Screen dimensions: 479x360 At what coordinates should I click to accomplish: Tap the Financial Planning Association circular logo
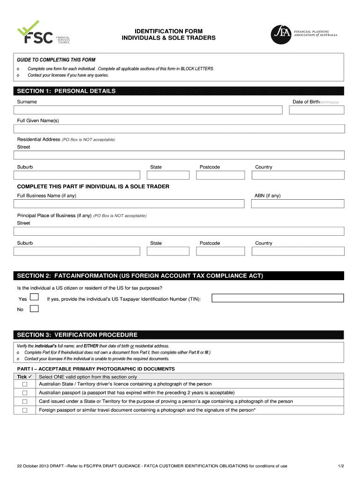coord(281,35)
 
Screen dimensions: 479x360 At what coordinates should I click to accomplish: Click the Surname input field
coord(148,110)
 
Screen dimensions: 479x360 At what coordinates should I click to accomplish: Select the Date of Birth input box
coord(317,110)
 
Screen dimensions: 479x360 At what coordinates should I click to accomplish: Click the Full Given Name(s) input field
coord(179,129)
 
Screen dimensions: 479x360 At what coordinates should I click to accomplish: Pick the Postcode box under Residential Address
coord(220,175)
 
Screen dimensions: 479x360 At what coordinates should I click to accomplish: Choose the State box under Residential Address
coord(168,175)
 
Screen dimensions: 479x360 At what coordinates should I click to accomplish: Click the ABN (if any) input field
coord(297,204)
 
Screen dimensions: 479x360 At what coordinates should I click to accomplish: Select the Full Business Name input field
coord(129,204)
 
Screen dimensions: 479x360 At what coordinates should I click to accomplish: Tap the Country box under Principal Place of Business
coord(297,251)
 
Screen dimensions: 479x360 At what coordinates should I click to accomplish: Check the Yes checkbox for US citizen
coord(34,298)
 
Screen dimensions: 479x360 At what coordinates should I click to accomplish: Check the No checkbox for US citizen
coord(34,309)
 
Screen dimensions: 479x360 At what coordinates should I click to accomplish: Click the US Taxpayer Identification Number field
coord(278,298)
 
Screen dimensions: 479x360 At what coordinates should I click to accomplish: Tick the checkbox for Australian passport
coord(25,393)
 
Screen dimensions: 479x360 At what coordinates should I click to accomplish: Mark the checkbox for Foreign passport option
coord(25,410)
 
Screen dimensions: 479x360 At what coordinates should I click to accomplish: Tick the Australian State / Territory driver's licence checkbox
coord(25,385)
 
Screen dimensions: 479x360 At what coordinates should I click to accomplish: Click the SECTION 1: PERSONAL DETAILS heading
coord(66,91)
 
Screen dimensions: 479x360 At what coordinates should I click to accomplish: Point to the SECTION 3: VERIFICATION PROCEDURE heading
coord(77,335)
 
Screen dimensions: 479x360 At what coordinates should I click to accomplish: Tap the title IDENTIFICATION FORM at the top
coord(169,30)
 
